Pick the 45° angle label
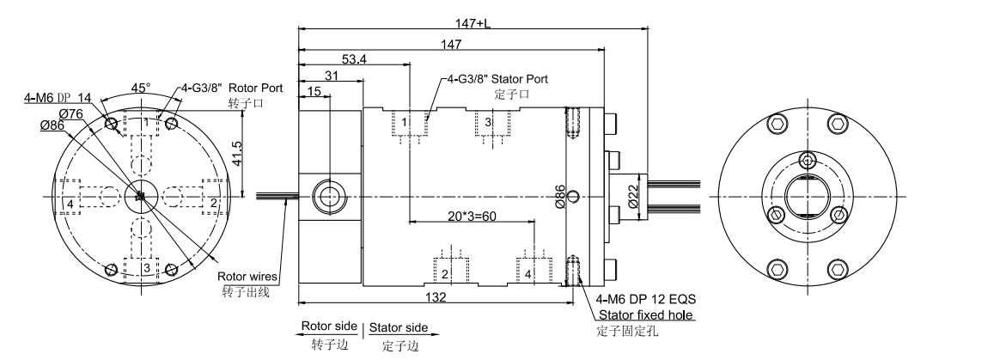point(141,87)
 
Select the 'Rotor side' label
point(327,328)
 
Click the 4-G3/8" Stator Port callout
point(498,78)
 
